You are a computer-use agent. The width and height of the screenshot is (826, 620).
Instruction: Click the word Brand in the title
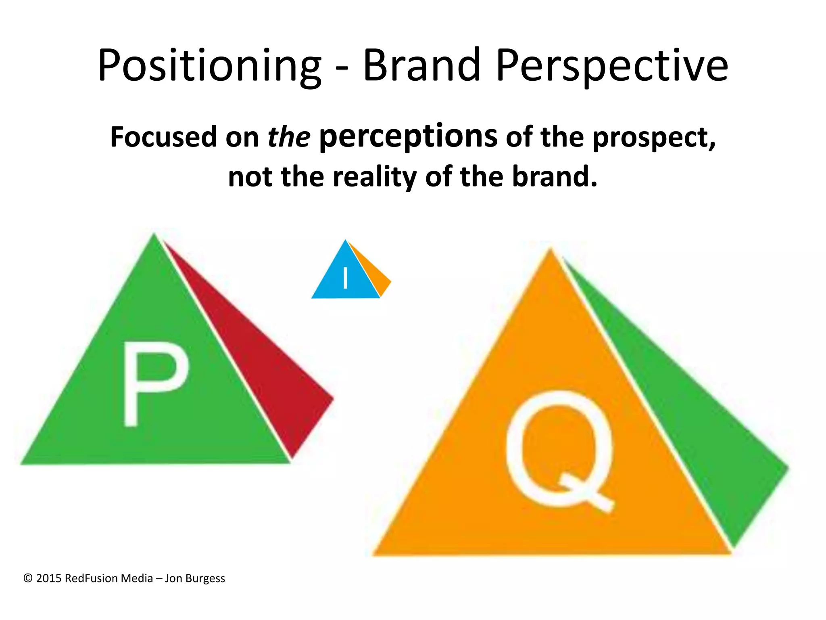pos(421,65)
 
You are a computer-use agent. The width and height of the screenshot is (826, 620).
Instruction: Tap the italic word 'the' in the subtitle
pos(289,137)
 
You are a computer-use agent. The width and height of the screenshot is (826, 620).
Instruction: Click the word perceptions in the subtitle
pos(408,137)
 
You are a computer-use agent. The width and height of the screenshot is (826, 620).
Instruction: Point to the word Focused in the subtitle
pos(164,137)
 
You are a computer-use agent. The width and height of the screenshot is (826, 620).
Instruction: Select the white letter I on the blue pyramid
pos(345,279)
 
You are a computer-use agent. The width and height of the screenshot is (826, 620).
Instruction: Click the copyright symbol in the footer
pos(28,578)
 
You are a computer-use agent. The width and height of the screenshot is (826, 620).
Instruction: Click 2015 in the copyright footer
pos(49,578)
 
